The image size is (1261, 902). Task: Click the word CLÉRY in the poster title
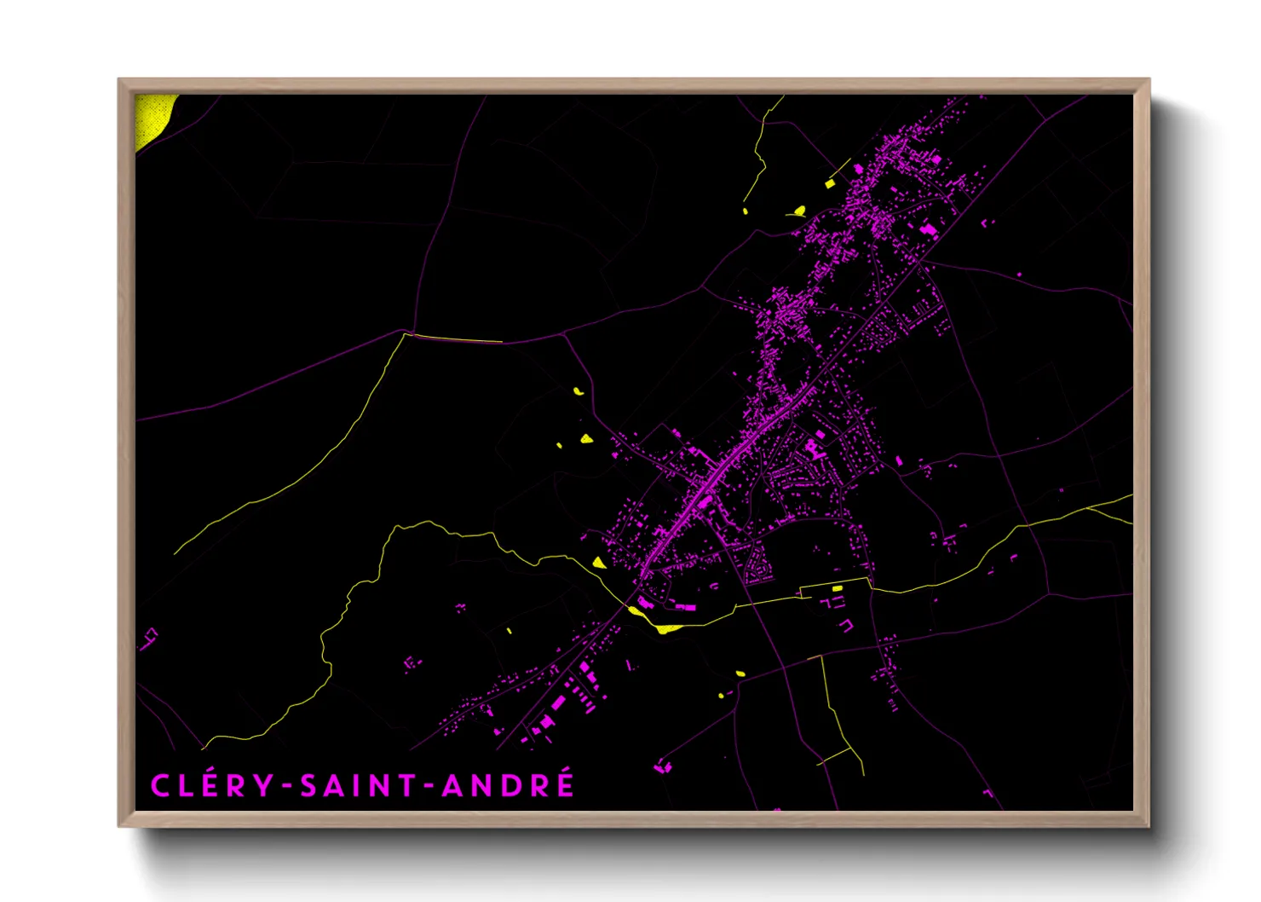point(212,785)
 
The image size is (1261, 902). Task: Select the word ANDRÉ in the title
point(508,785)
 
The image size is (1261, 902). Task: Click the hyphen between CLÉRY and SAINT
point(286,786)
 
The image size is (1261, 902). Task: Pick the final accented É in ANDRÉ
point(565,784)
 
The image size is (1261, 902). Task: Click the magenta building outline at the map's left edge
point(149,636)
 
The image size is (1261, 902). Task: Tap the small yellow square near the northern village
point(830,183)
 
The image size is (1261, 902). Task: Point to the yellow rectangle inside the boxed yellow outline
point(837,588)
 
